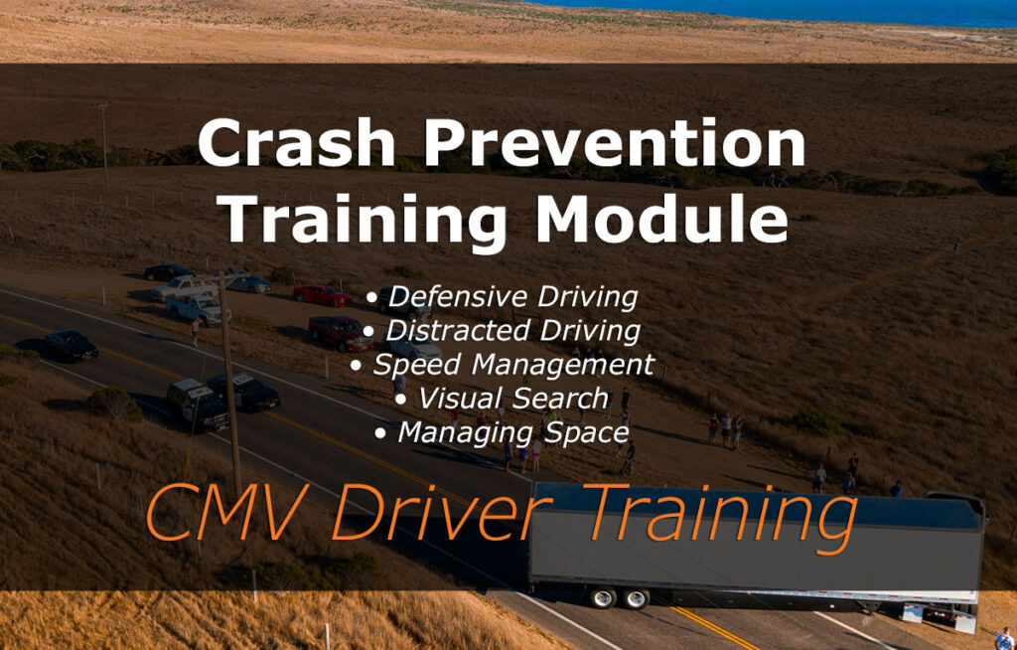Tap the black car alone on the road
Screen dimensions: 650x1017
(x=71, y=345)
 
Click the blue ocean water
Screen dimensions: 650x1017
(x=795, y=12)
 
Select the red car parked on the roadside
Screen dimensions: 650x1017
(x=322, y=295)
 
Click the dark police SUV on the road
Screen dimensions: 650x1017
(x=198, y=404)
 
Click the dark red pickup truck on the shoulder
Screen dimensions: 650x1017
(x=341, y=333)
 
